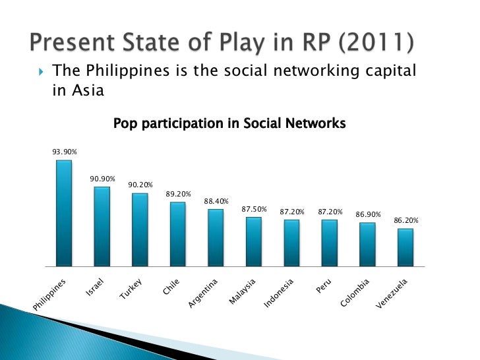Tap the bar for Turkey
coord(140,229)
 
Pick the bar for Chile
coord(177,234)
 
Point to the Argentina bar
coord(216,237)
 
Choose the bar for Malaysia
coord(254,241)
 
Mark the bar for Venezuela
coord(405,247)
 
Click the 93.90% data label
coord(65,152)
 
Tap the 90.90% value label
coord(103,179)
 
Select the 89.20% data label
coord(178,194)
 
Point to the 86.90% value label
coord(369,214)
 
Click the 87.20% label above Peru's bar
coord(330,211)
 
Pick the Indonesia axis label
coord(278,294)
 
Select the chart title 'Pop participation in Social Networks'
coord(229,123)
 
